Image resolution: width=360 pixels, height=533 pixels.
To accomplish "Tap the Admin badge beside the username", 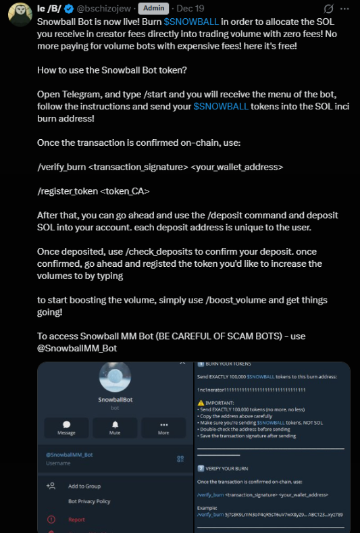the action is point(153,9).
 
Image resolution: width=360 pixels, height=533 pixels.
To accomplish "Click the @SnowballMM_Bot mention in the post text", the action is point(78,348).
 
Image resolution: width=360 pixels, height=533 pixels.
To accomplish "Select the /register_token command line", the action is point(94,191).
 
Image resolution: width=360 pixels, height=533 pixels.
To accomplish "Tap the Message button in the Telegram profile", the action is point(66,428).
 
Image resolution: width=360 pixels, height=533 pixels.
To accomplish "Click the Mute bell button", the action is point(115,428).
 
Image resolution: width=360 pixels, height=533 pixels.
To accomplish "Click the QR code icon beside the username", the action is point(180,459).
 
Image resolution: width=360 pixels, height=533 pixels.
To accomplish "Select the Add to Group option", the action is point(84,486).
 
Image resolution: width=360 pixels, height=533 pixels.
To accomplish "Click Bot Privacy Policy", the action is point(89,501).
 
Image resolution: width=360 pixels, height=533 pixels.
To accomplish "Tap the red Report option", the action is point(77,519).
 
